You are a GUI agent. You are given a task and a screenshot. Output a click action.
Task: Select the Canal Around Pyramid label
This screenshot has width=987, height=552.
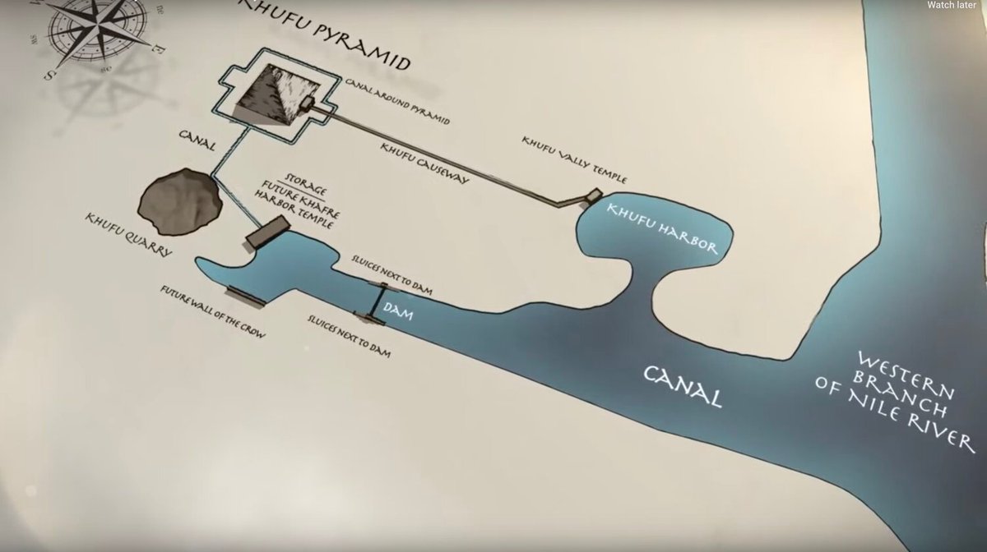coord(397,103)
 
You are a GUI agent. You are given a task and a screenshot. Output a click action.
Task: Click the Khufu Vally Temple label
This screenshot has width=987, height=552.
coord(573,158)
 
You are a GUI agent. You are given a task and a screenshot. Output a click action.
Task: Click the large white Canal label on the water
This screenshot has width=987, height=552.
coord(683,386)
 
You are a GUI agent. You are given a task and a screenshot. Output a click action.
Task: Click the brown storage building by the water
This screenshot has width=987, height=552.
coord(267,233)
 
